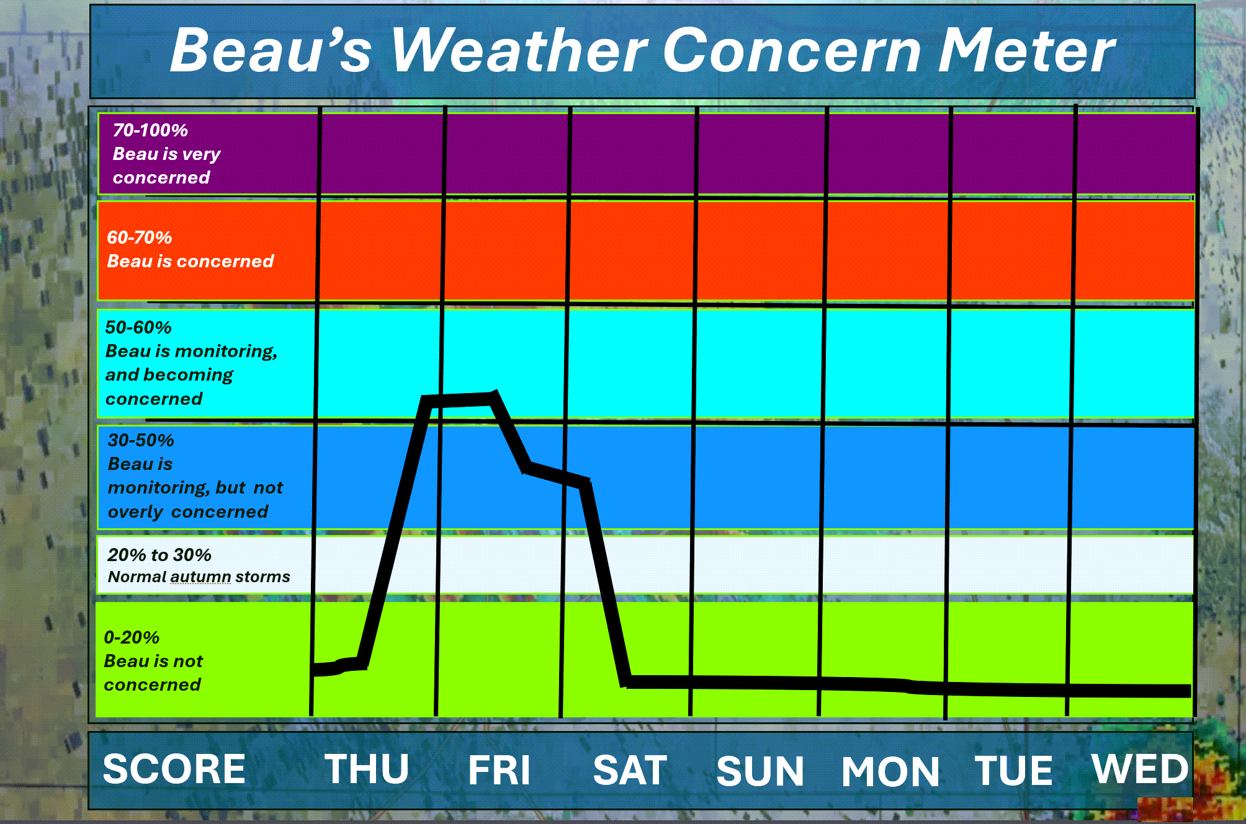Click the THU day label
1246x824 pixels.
pyautogui.click(x=367, y=769)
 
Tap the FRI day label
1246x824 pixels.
pyautogui.click(x=499, y=770)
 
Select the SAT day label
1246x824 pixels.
pyautogui.click(x=630, y=770)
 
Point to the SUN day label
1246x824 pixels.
pyautogui.click(x=760, y=771)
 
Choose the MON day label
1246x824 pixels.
pyautogui.click(x=890, y=771)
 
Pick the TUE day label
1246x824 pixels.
pyautogui.click(x=1014, y=770)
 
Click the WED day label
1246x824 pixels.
pyautogui.click(x=1141, y=769)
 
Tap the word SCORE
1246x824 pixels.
pyautogui.click(x=174, y=769)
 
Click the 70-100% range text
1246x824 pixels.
pyautogui.click(x=150, y=130)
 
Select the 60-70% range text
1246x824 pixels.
pyautogui.click(x=140, y=237)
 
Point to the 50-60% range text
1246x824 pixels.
pyautogui.click(x=138, y=327)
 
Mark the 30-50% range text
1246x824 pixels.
pyautogui.click(x=141, y=440)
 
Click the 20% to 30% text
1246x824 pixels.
pyautogui.click(x=159, y=555)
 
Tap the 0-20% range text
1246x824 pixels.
pyautogui.click(x=132, y=637)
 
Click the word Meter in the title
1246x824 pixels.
pyautogui.click(x=1027, y=51)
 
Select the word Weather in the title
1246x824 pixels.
pyautogui.click(x=520, y=51)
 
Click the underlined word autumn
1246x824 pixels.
pyautogui.click(x=200, y=577)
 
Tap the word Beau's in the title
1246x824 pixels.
pyautogui.click(x=271, y=51)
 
